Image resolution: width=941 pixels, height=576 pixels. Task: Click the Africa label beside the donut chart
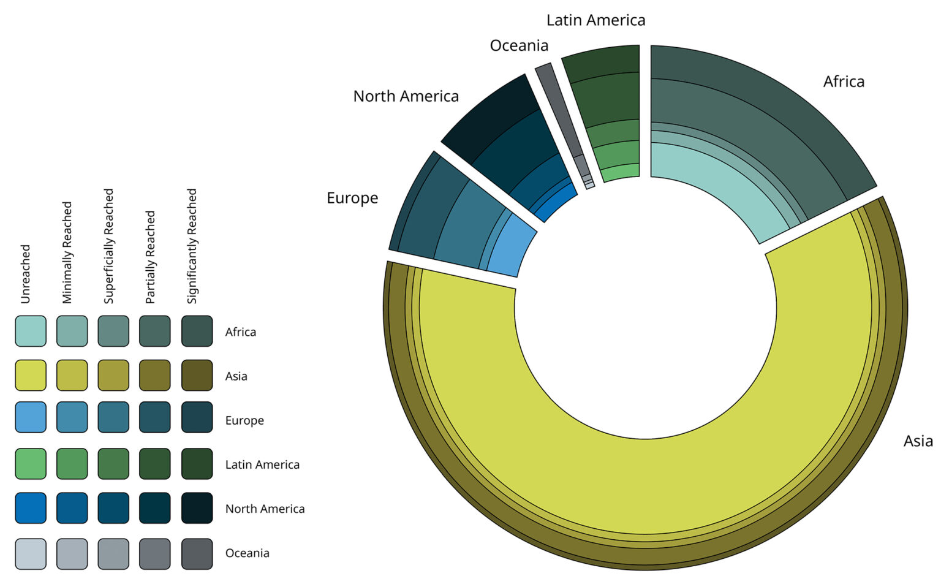click(843, 81)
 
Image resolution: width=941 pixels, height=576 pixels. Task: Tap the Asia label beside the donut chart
click(918, 441)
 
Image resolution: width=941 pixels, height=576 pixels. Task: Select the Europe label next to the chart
click(352, 198)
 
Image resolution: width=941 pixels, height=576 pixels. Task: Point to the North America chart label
click(406, 96)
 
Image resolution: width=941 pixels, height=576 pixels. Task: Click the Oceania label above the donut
click(519, 45)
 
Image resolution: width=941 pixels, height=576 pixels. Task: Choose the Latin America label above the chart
click(595, 20)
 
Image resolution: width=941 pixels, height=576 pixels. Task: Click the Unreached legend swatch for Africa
click(31, 332)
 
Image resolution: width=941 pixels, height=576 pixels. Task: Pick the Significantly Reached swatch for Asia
click(197, 376)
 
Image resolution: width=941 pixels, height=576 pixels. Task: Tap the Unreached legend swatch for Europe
click(31, 420)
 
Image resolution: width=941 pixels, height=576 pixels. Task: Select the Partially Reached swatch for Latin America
click(155, 464)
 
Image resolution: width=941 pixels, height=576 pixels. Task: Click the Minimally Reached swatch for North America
click(72, 508)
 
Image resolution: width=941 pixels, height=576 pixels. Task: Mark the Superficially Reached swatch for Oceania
click(113, 553)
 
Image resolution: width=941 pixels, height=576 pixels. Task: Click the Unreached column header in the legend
click(25, 274)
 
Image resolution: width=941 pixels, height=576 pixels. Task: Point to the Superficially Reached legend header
click(108, 246)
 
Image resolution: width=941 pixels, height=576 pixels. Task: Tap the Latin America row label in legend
click(262, 464)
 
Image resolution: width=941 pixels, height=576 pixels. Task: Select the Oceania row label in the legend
click(247, 553)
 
